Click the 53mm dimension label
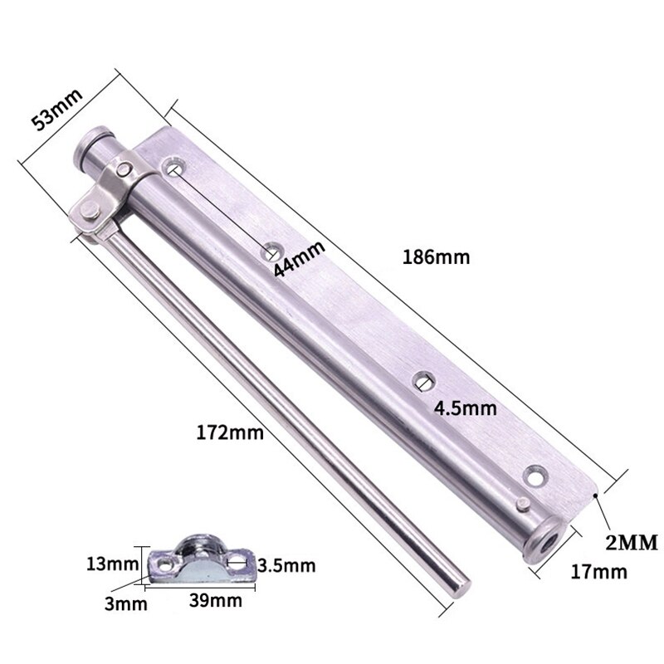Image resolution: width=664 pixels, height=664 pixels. point(56,109)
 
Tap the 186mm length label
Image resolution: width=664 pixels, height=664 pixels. point(436,256)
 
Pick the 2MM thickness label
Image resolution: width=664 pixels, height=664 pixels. point(630,543)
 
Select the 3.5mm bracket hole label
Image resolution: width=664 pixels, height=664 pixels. point(286,565)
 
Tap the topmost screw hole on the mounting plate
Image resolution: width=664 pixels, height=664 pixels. point(174,167)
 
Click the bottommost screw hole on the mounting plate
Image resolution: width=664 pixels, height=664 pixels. point(532,476)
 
